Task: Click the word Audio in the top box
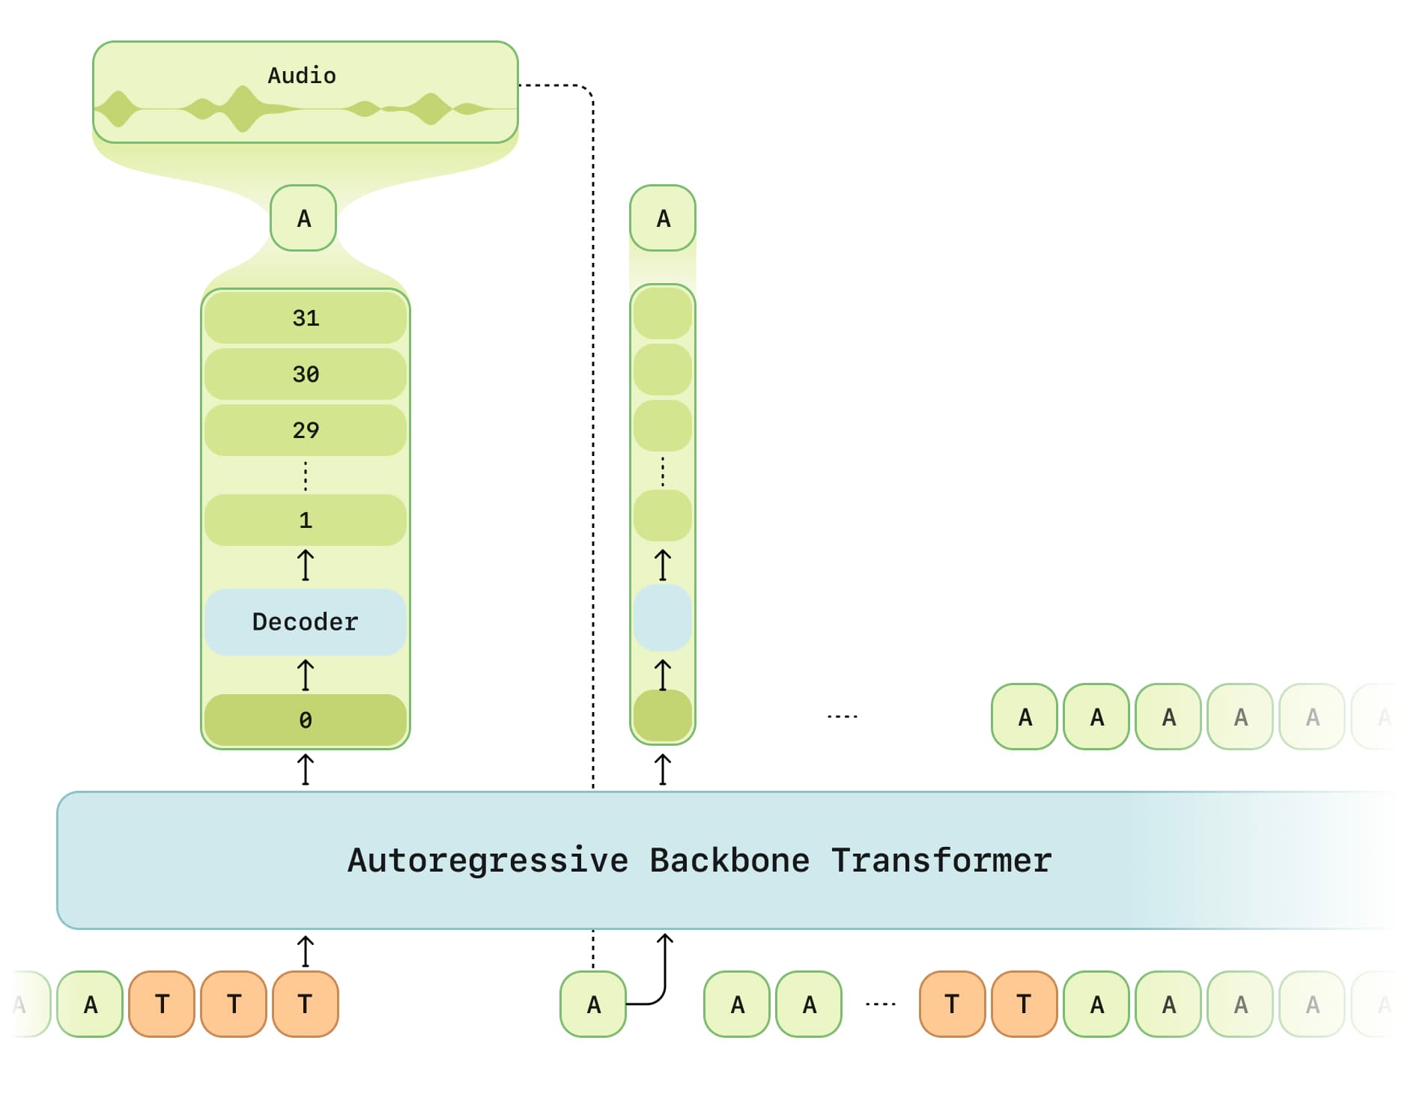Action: click(302, 76)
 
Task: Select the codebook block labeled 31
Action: click(306, 318)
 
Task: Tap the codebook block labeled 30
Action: click(306, 374)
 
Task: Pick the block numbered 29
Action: click(306, 430)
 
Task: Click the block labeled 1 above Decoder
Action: click(306, 520)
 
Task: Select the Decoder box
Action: click(306, 622)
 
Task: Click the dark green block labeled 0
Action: click(306, 720)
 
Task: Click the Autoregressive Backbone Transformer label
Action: click(700, 860)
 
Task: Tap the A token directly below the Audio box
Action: click(303, 219)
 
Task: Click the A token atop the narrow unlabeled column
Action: click(663, 219)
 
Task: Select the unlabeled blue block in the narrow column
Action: click(663, 618)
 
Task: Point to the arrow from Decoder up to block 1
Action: click(306, 565)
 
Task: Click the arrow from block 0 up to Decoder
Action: click(306, 675)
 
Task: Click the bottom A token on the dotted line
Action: click(593, 1004)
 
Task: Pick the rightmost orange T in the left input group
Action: click(306, 1004)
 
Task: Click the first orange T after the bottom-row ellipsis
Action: click(952, 1004)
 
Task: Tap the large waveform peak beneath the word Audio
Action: click(242, 109)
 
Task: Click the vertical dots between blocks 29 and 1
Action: click(306, 475)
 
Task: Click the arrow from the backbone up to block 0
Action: click(306, 770)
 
